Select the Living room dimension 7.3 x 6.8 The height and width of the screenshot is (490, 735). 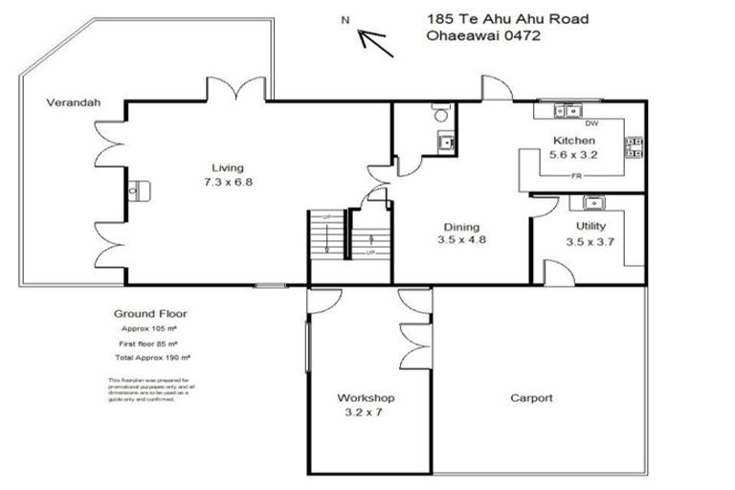pos(228,181)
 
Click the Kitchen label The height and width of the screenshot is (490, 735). pos(574,142)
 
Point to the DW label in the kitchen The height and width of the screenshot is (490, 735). pos(590,123)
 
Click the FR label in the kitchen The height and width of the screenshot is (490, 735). pos(577,177)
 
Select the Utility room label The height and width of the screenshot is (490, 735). pos(590,227)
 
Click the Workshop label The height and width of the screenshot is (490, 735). pos(366,398)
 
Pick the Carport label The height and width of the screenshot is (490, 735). pos(531,398)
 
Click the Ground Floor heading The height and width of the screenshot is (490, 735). pos(150,313)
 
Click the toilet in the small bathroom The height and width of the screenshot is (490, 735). pos(440,113)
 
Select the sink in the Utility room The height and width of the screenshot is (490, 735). pos(592,202)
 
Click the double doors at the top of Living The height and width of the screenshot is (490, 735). pos(234,91)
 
